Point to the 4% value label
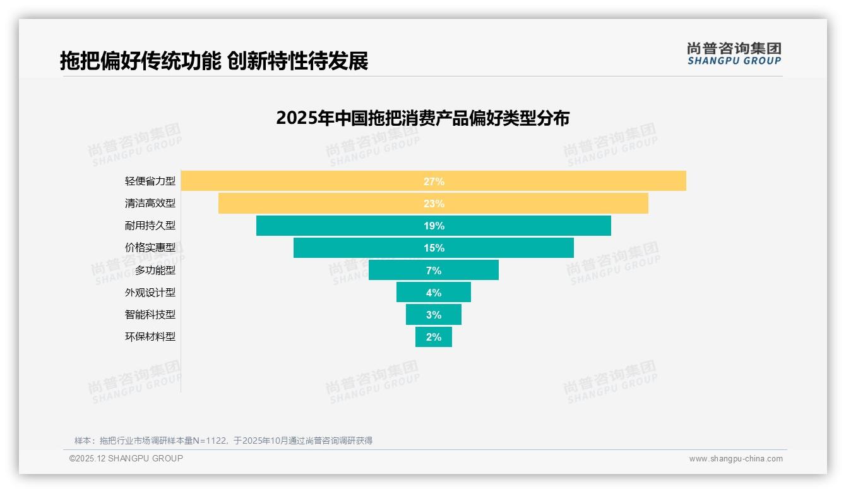434,293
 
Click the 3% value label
434,315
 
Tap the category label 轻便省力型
150,181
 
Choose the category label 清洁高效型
150,204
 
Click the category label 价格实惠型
150,248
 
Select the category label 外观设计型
150,293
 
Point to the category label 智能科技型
150,315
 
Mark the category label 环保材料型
150,337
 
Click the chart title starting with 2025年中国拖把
422,118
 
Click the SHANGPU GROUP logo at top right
734,54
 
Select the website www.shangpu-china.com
736,459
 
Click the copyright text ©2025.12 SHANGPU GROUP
126,458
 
